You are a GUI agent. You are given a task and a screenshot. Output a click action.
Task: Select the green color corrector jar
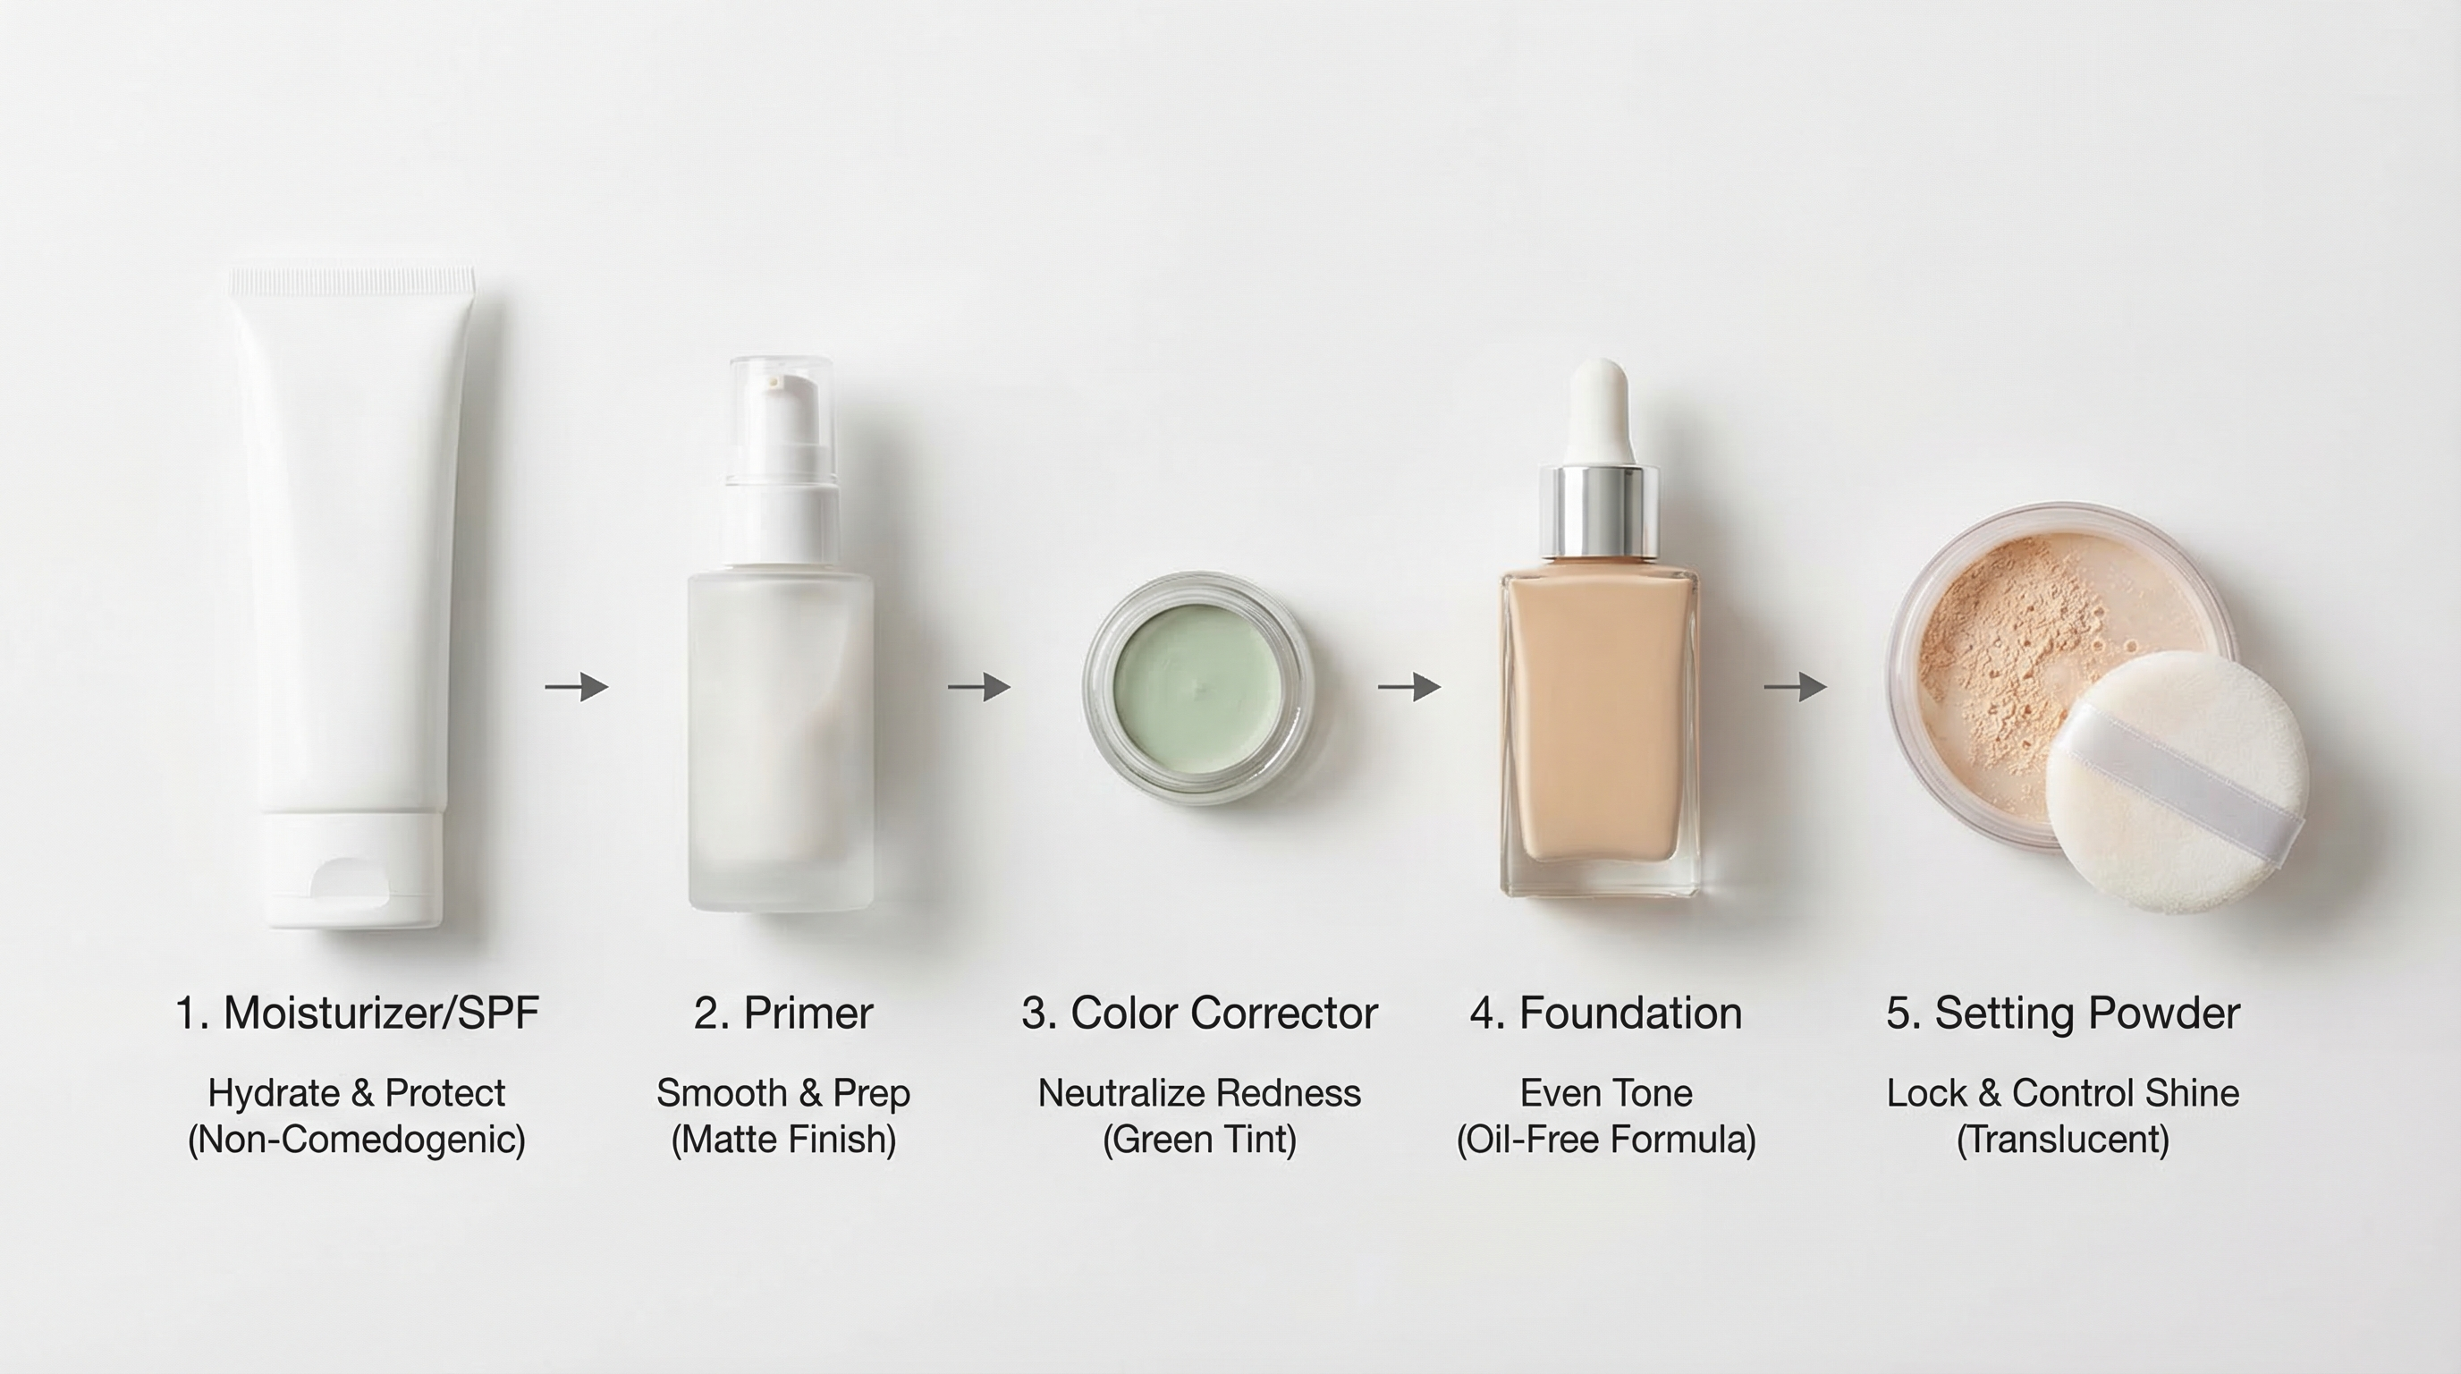pyautogui.click(x=1198, y=688)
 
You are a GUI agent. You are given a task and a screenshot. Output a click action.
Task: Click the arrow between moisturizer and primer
pyautogui.click(x=577, y=686)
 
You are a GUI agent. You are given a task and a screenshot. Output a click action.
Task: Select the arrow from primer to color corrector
pyautogui.click(x=979, y=686)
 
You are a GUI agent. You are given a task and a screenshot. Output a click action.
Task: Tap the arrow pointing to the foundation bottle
pyautogui.click(x=1409, y=686)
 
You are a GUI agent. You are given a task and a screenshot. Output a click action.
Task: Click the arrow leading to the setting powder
pyautogui.click(x=1795, y=686)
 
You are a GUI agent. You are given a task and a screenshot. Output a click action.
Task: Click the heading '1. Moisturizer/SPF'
pyautogui.click(x=358, y=1013)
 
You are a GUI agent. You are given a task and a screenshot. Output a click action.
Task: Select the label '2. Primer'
pyautogui.click(x=782, y=1013)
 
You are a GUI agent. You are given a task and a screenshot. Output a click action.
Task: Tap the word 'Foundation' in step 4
pyautogui.click(x=1630, y=1013)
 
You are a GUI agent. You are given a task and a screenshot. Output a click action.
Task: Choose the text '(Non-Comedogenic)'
pyautogui.click(x=356, y=1139)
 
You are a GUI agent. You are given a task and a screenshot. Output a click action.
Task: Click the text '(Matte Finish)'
pyautogui.click(x=782, y=1139)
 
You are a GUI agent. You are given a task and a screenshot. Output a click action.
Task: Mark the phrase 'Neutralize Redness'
pyautogui.click(x=1199, y=1093)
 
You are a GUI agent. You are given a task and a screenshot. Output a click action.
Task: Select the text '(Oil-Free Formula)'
pyautogui.click(x=1605, y=1139)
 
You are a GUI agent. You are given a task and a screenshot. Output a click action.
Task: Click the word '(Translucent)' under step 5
pyautogui.click(x=2063, y=1139)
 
